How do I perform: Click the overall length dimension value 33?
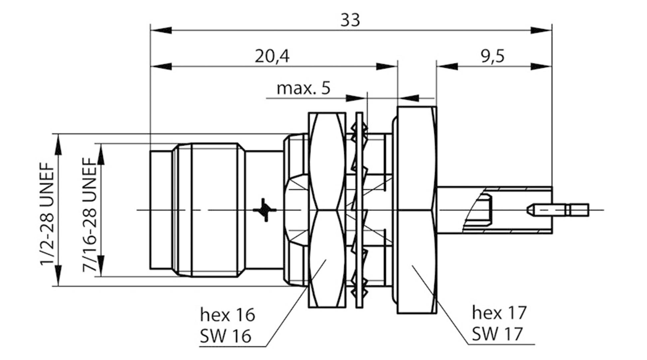point(350,21)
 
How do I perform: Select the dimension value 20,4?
point(272,56)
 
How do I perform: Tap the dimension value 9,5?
point(493,56)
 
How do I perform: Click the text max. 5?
point(303,89)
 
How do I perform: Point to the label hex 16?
point(227,314)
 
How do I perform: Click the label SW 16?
point(225,336)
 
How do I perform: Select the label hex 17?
point(499,312)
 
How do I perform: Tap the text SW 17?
point(497,334)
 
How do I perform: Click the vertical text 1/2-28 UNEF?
point(47,214)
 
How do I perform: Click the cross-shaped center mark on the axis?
point(265,210)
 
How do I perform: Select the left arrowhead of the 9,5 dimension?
point(447,66)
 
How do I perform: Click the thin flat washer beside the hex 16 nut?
point(359,210)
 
